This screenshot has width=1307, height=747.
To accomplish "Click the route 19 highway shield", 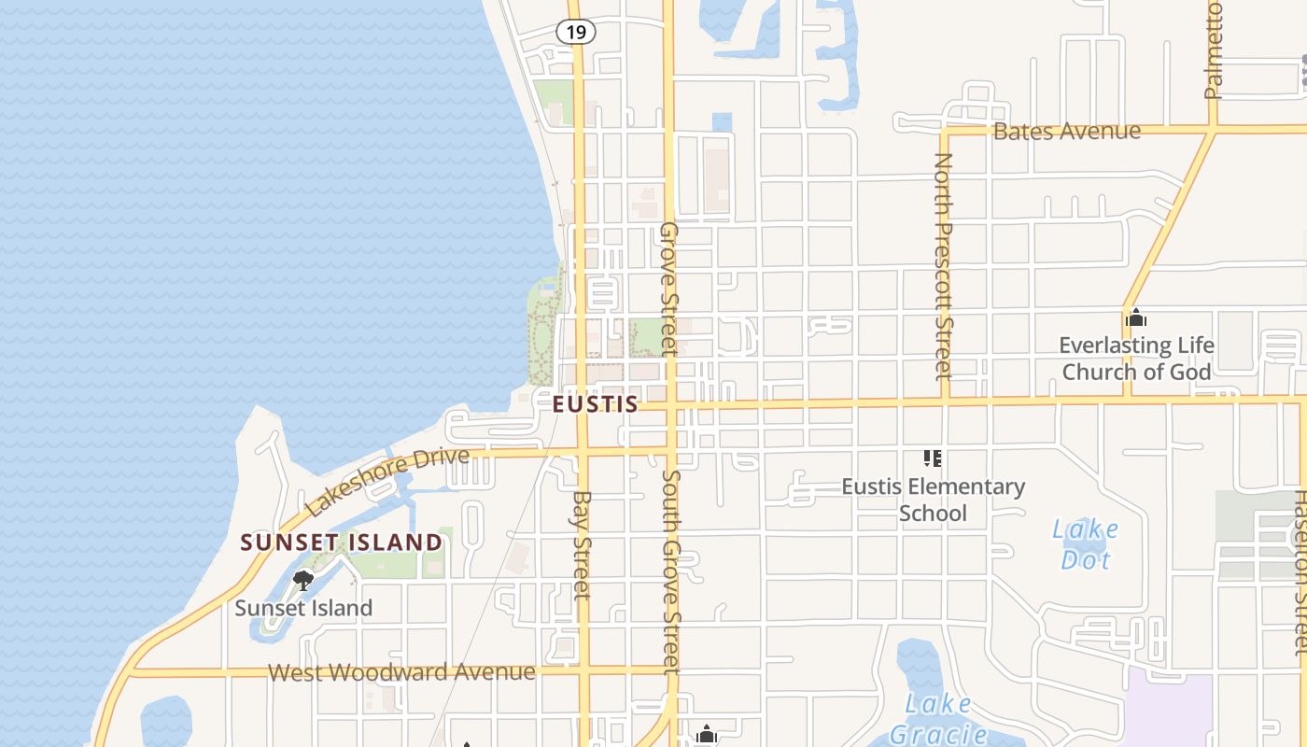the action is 576,32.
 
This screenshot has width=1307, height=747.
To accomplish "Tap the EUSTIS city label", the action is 596,403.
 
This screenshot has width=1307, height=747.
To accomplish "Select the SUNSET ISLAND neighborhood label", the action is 342,542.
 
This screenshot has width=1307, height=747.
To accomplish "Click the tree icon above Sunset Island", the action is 302,581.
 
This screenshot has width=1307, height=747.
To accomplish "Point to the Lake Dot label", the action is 1085,544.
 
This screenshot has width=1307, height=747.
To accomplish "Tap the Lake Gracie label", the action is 937,718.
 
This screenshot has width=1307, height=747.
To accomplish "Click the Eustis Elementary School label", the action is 933,500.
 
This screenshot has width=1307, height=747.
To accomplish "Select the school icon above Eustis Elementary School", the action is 932,458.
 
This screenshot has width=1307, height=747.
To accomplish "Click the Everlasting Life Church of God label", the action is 1136,359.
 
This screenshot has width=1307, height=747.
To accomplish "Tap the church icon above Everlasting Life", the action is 1135,317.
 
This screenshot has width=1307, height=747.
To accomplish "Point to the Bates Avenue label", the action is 1066,131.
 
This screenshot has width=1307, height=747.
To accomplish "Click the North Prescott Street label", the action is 944,266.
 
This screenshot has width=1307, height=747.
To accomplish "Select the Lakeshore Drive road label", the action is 387,481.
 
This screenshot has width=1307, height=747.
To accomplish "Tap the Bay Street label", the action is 583,544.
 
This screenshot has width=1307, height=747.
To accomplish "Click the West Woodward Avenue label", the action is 401,672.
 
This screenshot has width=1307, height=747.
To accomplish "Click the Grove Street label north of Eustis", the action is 668,289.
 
